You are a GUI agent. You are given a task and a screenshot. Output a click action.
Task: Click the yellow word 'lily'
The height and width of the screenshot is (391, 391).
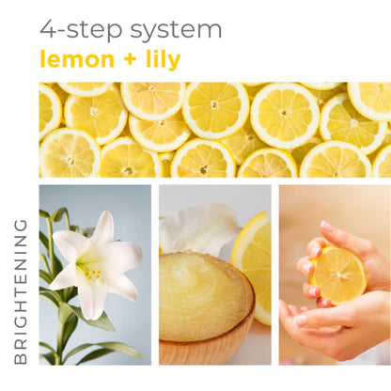159,60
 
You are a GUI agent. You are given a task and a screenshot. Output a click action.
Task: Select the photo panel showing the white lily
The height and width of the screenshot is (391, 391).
95,274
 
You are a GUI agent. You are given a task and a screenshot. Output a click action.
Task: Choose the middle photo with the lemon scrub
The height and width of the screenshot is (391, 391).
214,274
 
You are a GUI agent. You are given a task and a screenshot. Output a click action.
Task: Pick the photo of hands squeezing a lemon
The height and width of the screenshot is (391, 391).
334,274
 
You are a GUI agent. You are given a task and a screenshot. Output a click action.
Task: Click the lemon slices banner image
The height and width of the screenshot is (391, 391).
214,130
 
